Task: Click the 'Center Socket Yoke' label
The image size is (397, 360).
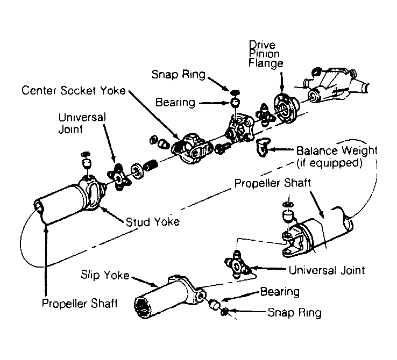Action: pyautogui.click(x=73, y=90)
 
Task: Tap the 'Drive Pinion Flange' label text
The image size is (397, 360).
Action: pyautogui.click(x=265, y=54)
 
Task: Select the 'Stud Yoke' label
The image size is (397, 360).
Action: pyautogui.click(x=153, y=222)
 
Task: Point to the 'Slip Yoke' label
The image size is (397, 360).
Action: pyautogui.click(x=105, y=275)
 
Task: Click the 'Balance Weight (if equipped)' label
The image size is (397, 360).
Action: pyautogui.click(x=337, y=157)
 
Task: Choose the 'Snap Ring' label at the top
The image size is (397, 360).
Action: pyautogui.click(x=179, y=74)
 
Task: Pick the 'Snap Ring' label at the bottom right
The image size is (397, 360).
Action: pyautogui.click(x=294, y=313)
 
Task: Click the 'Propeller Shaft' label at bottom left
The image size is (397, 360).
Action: pyautogui.click(x=80, y=303)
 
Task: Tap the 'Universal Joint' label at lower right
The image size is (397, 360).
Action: pyautogui.click(x=327, y=270)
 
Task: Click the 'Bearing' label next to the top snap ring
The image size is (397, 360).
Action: pyautogui.click(x=175, y=103)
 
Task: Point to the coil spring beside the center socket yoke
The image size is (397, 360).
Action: pyautogui.click(x=151, y=165)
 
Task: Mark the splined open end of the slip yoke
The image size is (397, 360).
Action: pyautogui.click(x=143, y=307)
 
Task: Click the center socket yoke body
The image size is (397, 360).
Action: pyautogui.click(x=192, y=149)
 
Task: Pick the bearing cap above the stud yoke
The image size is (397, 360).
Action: pyautogui.click(x=87, y=163)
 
